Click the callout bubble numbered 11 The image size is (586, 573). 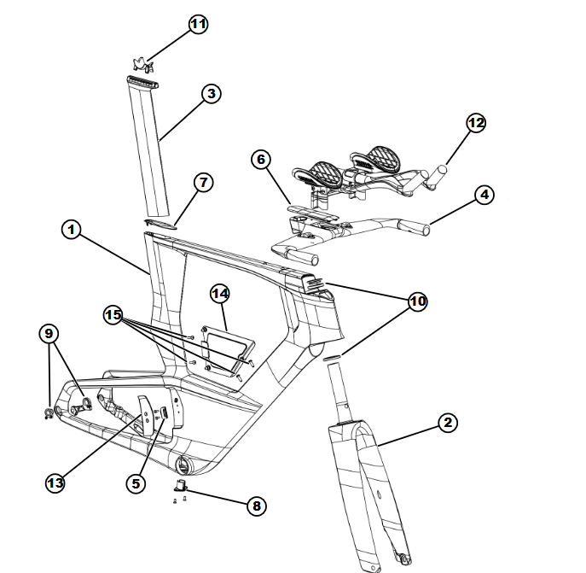pyautogui.click(x=199, y=24)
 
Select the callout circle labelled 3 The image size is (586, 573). pyautogui.click(x=211, y=94)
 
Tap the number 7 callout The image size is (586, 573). pyautogui.click(x=203, y=183)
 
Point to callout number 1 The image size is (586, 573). pyautogui.click(x=72, y=229)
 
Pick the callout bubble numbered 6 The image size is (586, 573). pyautogui.click(x=261, y=160)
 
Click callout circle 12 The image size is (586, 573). pyautogui.click(x=476, y=123)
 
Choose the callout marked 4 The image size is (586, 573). pyautogui.click(x=484, y=195)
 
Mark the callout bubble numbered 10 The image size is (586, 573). pyautogui.click(x=417, y=301)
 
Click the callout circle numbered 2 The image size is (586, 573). pyautogui.click(x=449, y=422)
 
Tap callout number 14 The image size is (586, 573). pyautogui.click(x=220, y=294)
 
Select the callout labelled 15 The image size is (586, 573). pyautogui.click(x=114, y=314)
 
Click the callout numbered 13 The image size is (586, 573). pyautogui.click(x=55, y=482)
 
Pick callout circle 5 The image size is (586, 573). pyautogui.click(x=135, y=482)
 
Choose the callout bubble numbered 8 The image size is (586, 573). pyautogui.click(x=255, y=506)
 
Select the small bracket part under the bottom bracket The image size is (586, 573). pyautogui.click(x=181, y=488)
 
